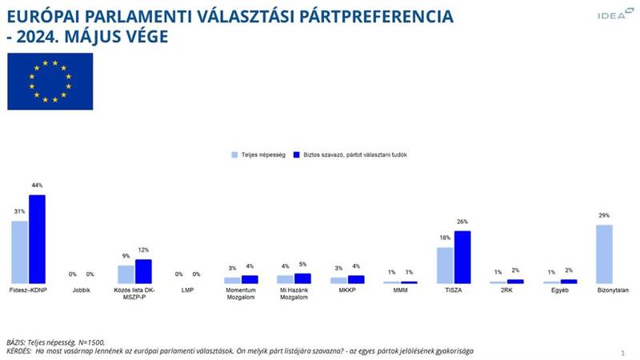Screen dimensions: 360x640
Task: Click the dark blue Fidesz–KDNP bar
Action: tap(37, 239)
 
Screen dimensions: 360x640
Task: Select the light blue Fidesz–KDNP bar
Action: tap(20, 252)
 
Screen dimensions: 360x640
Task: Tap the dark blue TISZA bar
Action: tap(462, 257)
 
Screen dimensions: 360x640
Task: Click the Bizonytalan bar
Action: tap(604, 254)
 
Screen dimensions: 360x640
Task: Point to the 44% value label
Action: tap(38, 186)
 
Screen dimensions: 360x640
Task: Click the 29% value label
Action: tap(604, 216)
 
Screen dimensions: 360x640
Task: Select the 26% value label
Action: tap(462, 222)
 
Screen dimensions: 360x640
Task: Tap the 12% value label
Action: tap(143, 250)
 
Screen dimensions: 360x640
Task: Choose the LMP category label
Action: tap(188, 290)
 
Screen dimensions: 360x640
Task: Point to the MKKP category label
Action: tap(347, 290)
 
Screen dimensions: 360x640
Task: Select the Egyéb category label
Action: tap(559, 290)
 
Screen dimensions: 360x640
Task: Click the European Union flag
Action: tap(50, 82)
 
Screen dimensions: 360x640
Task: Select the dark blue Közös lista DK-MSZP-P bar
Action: tap(143, 272)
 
